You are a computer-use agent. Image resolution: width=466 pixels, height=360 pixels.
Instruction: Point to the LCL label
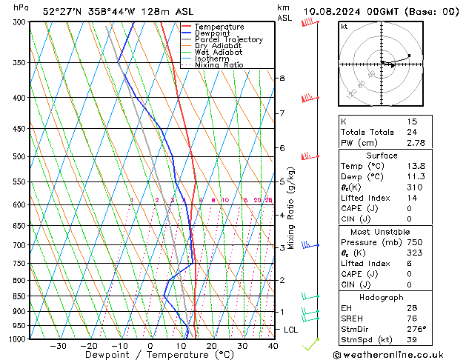[x=290, y=329]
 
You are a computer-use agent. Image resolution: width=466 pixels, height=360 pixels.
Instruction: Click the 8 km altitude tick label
[x=282, y=78]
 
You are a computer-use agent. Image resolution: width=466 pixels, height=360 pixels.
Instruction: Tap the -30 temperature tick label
[x=58, y=346]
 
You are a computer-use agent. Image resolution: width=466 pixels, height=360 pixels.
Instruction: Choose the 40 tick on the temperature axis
[x=273, y=346]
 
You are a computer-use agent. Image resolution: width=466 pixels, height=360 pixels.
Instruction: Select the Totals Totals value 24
[x=413, y=132]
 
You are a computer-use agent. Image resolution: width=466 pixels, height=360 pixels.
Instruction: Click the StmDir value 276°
[x=416, y=329]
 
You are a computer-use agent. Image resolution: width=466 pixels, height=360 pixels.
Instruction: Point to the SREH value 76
[x=413, y=319]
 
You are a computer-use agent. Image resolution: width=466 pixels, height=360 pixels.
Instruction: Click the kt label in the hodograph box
[x=344, y=26]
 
